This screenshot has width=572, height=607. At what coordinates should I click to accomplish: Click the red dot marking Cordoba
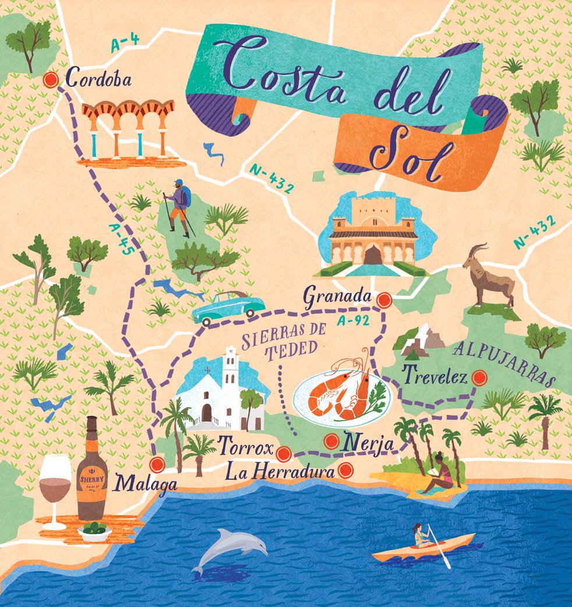(x=51, y=80)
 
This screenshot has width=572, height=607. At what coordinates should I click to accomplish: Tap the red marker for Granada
(x=383, y=300)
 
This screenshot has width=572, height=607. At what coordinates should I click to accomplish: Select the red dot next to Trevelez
(x=479, y=378)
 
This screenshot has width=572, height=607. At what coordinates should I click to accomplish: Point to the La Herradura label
(x=280, y=470)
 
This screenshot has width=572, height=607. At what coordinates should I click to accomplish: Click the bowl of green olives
(x=94, y=531)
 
